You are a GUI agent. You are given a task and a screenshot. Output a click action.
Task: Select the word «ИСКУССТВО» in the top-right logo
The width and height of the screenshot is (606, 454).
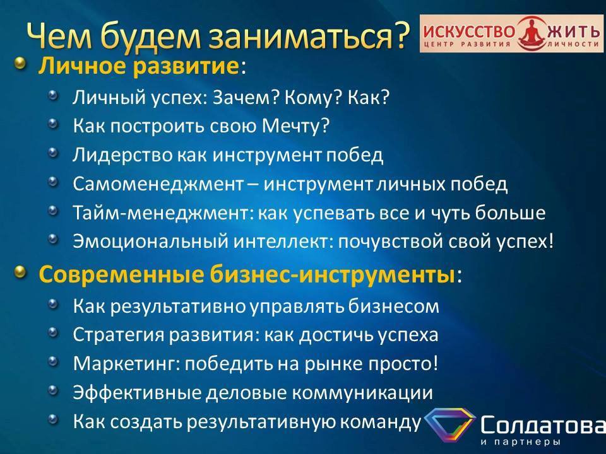click(469, 31)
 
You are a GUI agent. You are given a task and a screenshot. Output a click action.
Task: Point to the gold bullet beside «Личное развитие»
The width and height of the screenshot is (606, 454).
click(21, 63)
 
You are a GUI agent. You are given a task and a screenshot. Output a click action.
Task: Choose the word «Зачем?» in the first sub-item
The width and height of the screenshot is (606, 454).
click(246, 97)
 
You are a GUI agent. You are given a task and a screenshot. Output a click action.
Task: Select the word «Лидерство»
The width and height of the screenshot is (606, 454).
click(122, 155)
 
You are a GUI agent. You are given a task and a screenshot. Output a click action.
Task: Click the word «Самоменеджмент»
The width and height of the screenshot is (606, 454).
click(158, 184)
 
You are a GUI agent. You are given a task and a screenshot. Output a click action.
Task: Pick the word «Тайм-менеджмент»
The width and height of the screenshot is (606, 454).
click(162, 213)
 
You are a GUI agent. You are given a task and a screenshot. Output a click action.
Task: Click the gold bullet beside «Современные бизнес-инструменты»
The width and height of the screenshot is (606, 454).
click(21, 272)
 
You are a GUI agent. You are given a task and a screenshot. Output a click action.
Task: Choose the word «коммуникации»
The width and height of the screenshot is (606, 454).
click(362, 393)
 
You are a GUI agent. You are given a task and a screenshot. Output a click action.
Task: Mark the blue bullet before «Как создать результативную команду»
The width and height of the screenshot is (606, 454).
click(53, 419)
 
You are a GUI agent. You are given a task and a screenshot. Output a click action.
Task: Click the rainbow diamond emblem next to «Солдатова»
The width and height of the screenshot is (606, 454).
click(449, 424)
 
